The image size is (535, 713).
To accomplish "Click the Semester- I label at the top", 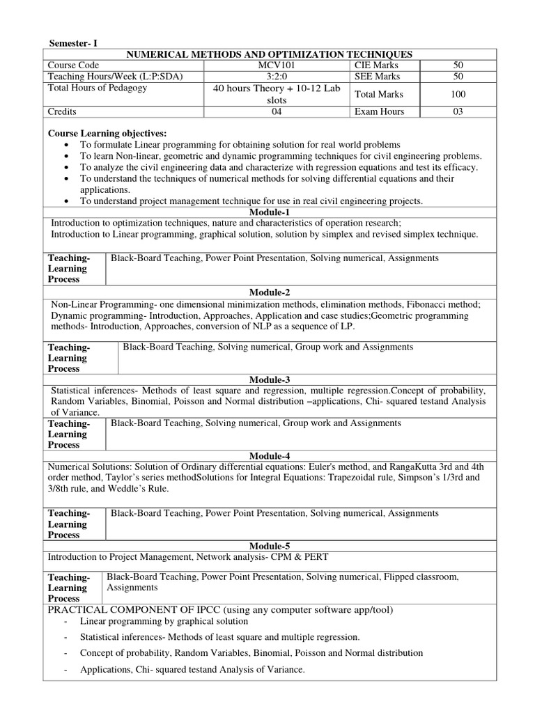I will click(73, 43).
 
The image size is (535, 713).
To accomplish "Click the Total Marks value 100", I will click(458, 94).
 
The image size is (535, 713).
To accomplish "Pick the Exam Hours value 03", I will click(458, 111).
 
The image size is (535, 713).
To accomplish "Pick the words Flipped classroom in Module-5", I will click(424, 577).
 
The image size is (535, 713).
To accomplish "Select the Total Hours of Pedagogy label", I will click(97, 88).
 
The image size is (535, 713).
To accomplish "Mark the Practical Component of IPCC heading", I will click(220, 609).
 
